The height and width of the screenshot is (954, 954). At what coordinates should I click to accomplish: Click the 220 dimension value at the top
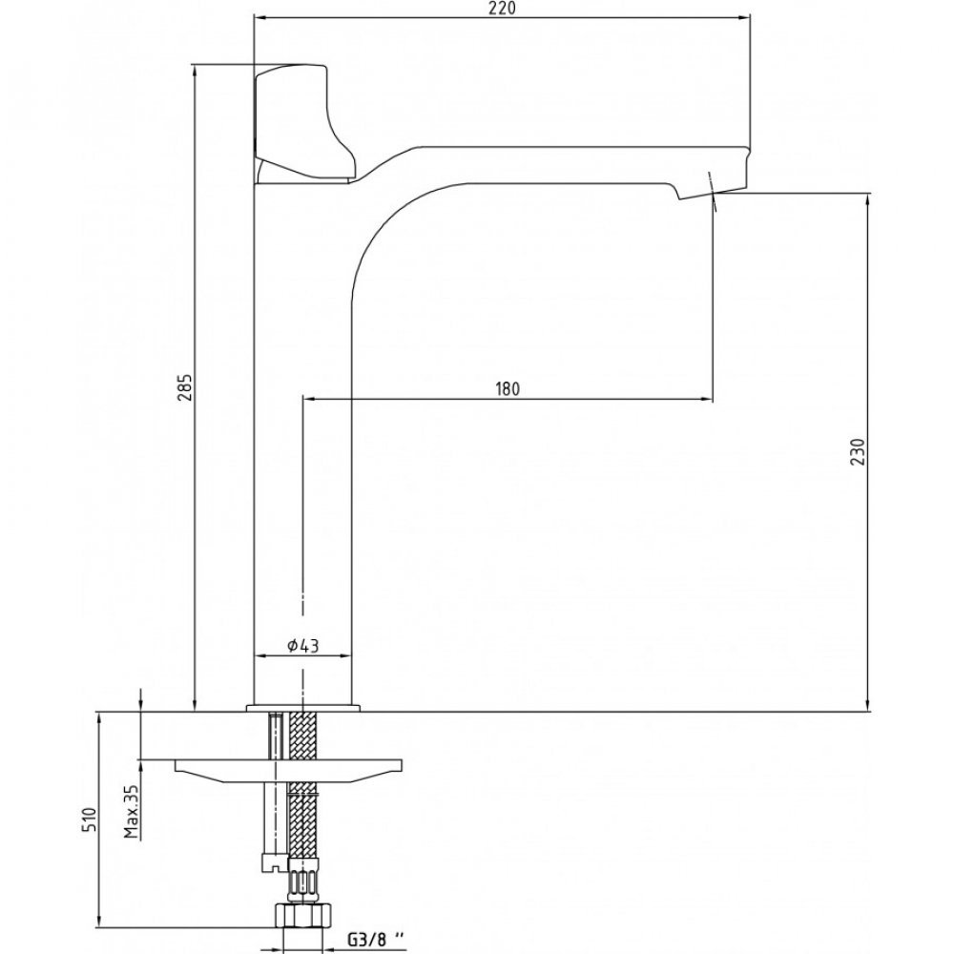coord(502,9)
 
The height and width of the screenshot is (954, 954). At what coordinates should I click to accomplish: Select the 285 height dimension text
coord(186,387)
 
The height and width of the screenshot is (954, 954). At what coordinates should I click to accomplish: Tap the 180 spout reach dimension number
coord(508,389)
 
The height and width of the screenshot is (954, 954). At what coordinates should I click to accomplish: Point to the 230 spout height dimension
coord(857,451)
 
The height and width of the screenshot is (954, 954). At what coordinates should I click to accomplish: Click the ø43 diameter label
coord(303,645)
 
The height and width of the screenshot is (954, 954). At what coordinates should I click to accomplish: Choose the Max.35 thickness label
coord(132,811)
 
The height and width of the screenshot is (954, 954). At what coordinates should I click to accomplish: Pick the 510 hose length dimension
coord(90,819)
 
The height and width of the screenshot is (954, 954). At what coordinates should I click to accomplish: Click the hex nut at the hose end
coord(303,915)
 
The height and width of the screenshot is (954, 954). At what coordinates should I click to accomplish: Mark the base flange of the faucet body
coord(303,708)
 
